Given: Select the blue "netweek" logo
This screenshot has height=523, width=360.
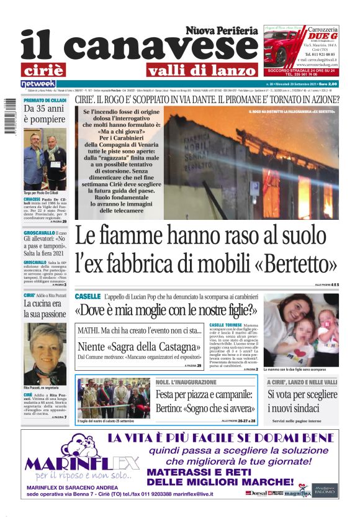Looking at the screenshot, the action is click(38, 84).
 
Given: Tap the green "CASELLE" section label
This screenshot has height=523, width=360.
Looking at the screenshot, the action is click(88, 297).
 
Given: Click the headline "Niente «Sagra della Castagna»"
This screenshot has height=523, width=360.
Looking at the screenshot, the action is click(139, 347).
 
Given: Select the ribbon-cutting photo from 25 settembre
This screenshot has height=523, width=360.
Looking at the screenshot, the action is click(106, 398).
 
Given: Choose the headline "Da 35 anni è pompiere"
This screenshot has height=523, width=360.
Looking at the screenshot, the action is click(45, 115).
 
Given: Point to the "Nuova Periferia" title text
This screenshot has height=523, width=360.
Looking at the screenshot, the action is click(221, 30).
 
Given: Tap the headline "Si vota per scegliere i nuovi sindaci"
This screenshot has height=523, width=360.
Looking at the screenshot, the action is click(302, 401).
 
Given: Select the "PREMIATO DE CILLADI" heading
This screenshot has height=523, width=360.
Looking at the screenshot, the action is click(45, 100).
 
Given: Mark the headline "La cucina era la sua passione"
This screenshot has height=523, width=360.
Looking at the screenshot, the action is click(45, 309).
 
